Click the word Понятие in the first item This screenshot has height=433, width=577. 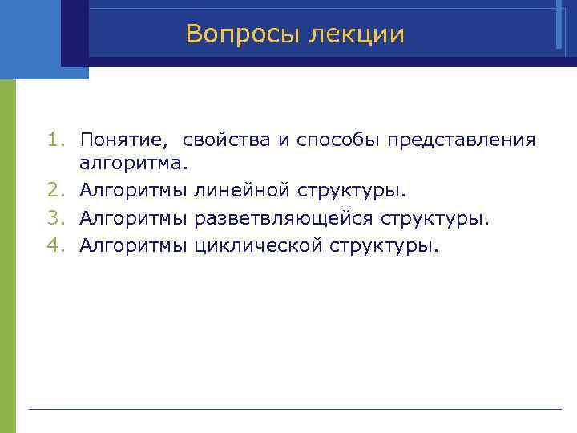tap(124, 140)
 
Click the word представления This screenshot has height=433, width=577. tap(462, 140)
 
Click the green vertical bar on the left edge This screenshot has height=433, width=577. tap(7, 257)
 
